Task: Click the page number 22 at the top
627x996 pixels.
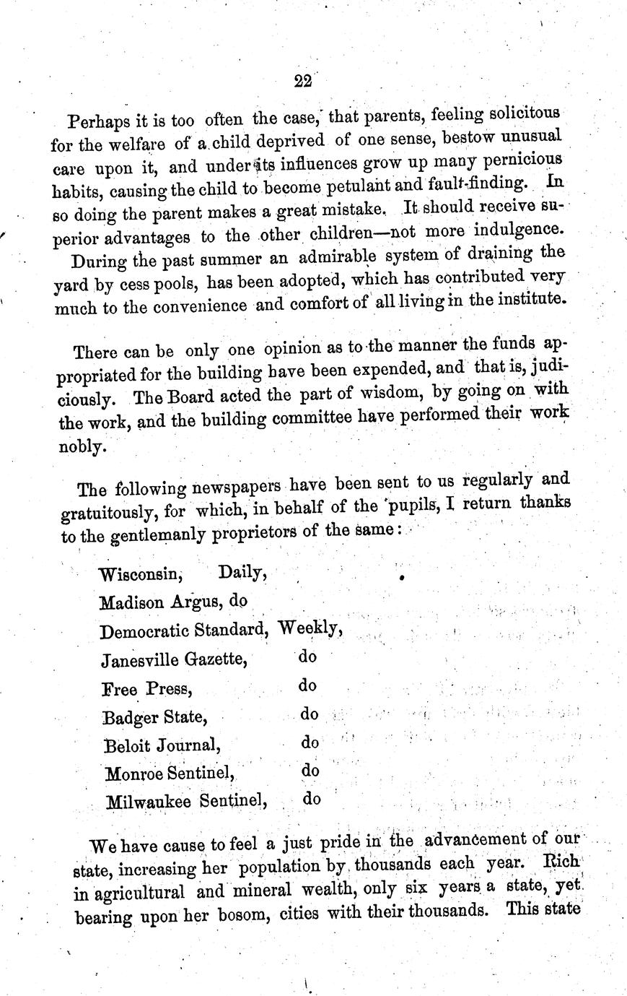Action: point(302,81)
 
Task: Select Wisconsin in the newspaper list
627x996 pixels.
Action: point(140,575)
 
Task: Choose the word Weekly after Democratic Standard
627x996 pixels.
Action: point(310,628)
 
